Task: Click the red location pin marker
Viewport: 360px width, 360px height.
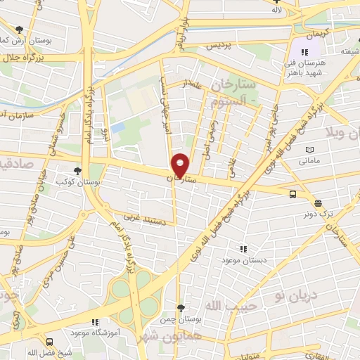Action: (180, 165)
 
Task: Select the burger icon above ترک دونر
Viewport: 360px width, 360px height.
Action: (318, 202)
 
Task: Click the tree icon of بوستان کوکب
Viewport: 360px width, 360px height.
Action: (78, 171)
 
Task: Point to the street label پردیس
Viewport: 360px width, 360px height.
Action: (218, 45)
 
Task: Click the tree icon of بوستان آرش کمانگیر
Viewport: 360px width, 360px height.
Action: (19, 30)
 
